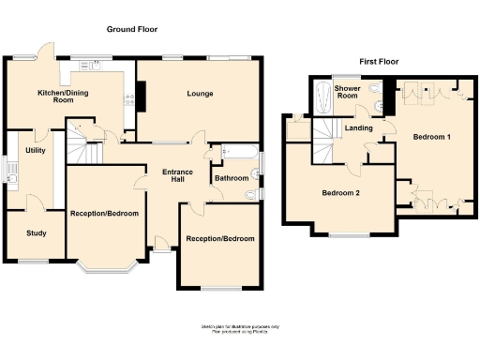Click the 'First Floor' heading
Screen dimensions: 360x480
click(379, 62)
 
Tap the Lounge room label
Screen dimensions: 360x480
click(199, 94)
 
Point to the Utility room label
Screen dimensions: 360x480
click(36, 150)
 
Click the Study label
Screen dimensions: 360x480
click(36, 233)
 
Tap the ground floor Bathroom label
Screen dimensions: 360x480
click(232, 178)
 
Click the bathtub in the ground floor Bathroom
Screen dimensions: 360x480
click(236, 151)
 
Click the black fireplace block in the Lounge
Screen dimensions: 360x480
click(142, 93)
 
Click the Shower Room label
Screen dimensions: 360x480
click(348, 92)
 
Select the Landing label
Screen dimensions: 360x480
click(359, 128)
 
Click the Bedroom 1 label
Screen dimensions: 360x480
click(431, 138)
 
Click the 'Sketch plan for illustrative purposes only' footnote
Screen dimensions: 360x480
click(239, 326)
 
